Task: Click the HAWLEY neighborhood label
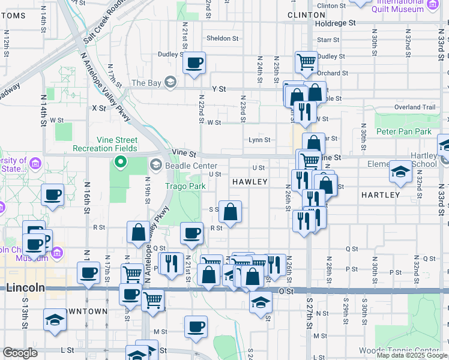(249, 181)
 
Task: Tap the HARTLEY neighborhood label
(381, 195)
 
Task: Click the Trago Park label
(185, 187)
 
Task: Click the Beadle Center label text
(191, 165)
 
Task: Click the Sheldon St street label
(222, 38)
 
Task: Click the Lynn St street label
(259, 140)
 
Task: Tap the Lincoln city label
(25, 287)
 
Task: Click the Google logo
(20, 353)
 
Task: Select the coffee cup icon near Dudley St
(194, 62)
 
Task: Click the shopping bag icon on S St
(230, 211)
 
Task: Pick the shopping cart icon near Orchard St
(307, 61)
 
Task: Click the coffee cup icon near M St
(196, 326)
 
